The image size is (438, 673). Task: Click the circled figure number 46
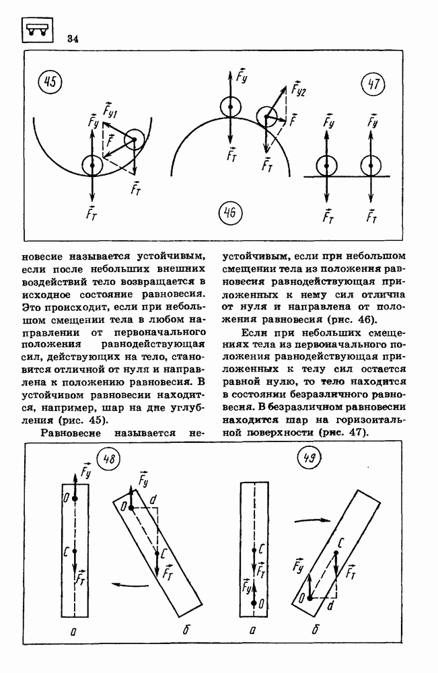(229, 214)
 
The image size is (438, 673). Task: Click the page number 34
(73, 38)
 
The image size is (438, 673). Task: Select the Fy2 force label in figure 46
(298, 88)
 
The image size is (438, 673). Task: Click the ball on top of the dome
(230, 107)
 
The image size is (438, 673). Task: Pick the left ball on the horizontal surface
(326, 165)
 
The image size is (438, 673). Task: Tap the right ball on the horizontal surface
(371, 165)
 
